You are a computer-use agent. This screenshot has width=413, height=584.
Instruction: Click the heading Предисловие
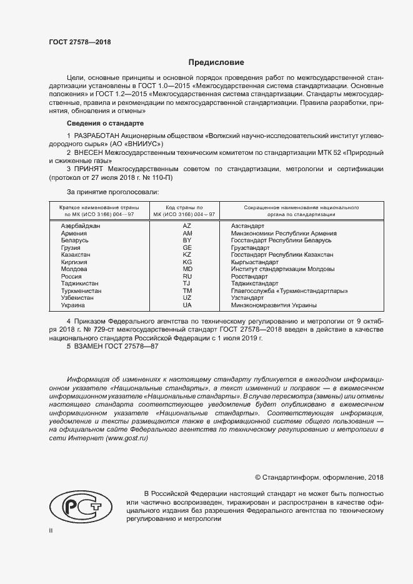[217, 62]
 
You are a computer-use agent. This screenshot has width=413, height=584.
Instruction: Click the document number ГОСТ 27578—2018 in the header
[79, 42]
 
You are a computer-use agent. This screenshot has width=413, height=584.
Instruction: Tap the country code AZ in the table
[187, 225]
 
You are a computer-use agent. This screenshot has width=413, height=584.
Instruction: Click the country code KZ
[187, 255]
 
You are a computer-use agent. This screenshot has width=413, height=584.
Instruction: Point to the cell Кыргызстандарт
[255, 262]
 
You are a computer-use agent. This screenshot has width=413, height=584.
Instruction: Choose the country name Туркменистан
[81, 291]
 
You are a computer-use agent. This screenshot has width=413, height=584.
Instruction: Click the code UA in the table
[187, 305]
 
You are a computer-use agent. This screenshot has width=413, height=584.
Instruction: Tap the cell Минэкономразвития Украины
[273, 305]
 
